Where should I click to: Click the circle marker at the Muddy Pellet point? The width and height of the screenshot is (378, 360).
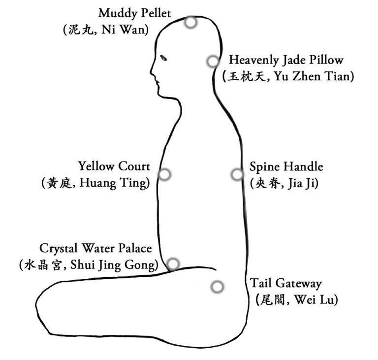(x=190, y=22)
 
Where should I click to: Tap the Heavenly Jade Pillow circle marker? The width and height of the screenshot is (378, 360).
(x=213, y=62)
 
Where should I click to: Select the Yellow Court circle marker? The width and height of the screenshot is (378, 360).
(x=165, y=174)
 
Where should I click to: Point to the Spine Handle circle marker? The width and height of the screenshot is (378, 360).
(x=237, y=174)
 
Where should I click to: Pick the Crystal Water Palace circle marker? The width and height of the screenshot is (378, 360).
(x=173, y=263)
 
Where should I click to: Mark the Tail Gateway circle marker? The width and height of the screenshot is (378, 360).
(x=217, y=287)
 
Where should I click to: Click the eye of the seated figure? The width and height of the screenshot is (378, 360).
(x=164, y=58)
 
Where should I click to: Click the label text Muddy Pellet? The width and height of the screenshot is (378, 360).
(x=134, y=12)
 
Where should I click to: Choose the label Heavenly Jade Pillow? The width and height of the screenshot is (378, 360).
(x=286, y=60)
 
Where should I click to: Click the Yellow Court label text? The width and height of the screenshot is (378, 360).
(x=114, y=166)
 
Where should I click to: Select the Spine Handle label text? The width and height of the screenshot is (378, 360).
(x=286, y=166)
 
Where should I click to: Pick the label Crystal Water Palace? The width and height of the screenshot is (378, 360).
(x=95, y=248)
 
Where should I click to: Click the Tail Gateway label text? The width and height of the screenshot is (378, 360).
(x=285, y=283)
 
